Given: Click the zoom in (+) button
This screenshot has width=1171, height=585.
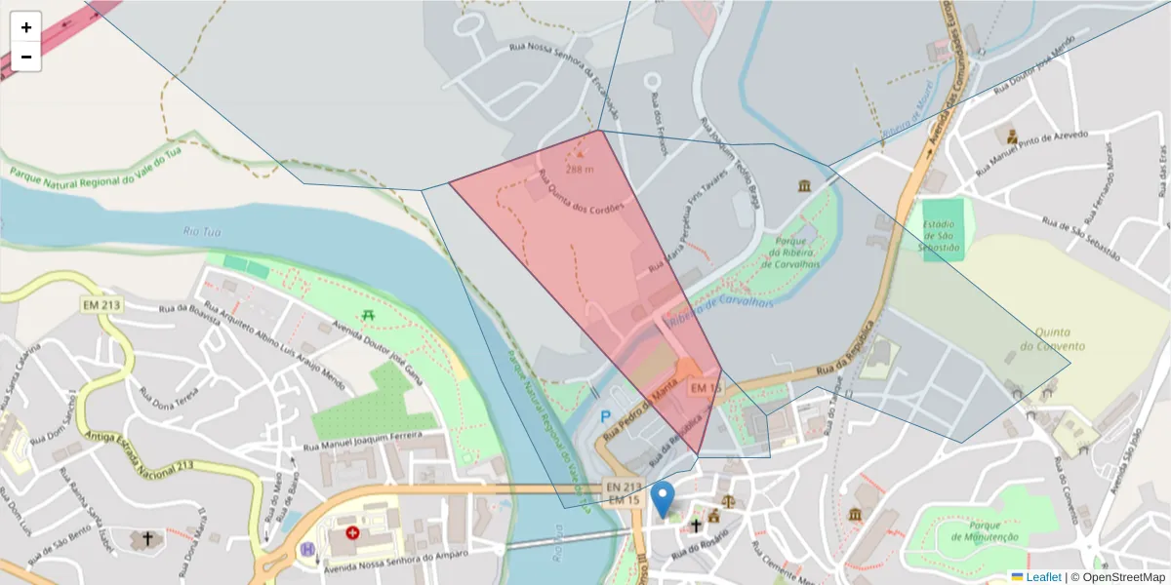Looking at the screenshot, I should (x=26, y=27).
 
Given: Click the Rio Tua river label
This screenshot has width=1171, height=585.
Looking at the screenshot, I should (x=203, y=231).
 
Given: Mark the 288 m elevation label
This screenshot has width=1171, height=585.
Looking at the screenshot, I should (x=580, y=169).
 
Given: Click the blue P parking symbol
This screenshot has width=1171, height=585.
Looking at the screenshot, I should (x=605, y=416).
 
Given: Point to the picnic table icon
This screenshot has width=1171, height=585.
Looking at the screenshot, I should (x=368, y=314).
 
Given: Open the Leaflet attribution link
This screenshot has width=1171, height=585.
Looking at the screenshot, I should (x=1042, y=577).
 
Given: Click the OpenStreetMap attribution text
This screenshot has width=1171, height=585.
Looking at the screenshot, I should (x=1117, y=577).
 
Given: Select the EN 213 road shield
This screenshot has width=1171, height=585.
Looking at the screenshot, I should (x=624, y=487).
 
